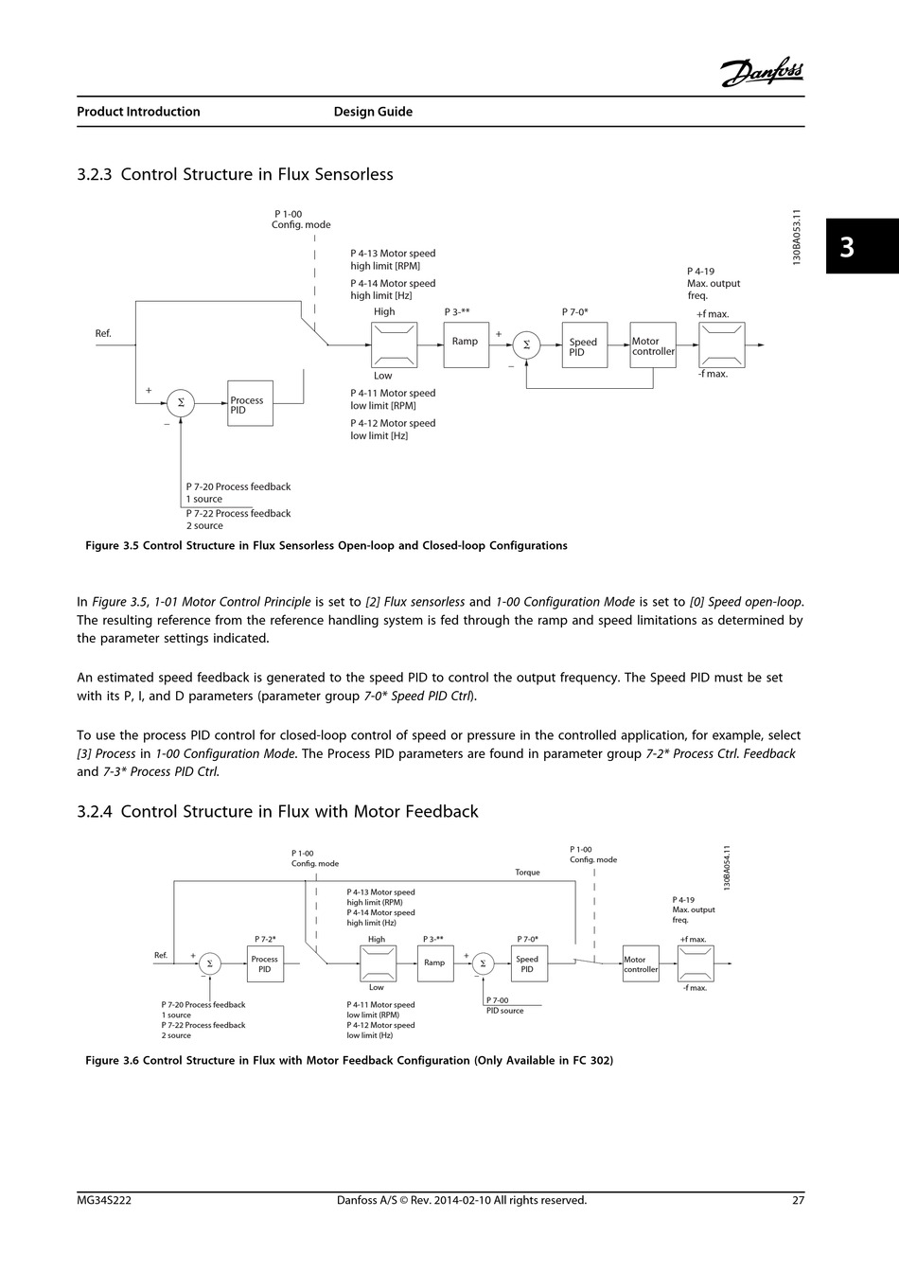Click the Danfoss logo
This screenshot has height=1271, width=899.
coord(762,72)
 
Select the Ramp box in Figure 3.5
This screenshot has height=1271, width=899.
coord(467,345)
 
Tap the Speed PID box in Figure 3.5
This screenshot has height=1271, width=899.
coord(585,345)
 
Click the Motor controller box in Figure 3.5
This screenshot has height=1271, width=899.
coord(653,345)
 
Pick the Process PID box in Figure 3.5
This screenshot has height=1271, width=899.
coord(250,403)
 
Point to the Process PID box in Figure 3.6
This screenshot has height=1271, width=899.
coord(266,963)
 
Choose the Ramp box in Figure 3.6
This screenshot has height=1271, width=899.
coord(435,963)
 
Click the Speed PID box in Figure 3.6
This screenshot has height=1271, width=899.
coord(530,963)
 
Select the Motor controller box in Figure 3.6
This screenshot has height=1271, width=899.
coord(641,963)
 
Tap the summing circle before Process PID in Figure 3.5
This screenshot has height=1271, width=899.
coord(181,403)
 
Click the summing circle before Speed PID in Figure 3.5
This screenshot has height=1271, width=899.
coord(526,344)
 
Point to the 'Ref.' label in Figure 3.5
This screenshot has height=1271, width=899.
coord(103,334)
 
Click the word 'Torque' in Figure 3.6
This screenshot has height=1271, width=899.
coord(527,873)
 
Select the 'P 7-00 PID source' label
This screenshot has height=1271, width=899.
coord(504,1005)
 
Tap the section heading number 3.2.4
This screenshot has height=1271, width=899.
coord(95,811)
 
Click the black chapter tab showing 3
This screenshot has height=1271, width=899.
coord(862,246)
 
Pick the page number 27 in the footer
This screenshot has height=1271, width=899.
coord(798,1200)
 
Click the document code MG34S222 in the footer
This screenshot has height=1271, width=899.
coord(104,1200)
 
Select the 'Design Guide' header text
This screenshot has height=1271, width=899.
coord(373,112)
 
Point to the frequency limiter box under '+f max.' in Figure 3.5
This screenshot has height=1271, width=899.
coord(722,345)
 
